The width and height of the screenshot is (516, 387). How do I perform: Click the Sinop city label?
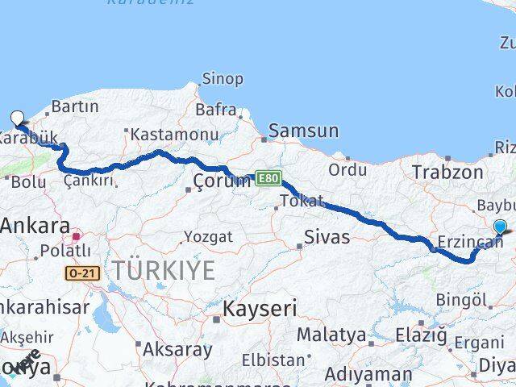tap(221, 78)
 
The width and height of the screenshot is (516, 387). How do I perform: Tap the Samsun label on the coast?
tap(303, 131)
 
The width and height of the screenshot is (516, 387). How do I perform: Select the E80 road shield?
tap(268, 177)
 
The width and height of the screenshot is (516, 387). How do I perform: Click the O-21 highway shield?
tap(83, 274)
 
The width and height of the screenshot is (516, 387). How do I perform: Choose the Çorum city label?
tap(214, 180)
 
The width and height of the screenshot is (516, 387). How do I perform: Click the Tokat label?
tap(303, 201)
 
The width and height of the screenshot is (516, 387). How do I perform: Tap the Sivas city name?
tap(327, 236)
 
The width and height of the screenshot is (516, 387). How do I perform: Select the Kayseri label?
tap(260, 308)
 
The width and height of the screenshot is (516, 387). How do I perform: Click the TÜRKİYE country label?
tap(164, 271)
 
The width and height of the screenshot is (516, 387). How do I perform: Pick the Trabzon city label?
tap(447, 172)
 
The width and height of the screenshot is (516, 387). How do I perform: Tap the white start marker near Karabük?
tap(17, 119)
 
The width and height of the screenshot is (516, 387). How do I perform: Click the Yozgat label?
tap(208, 237)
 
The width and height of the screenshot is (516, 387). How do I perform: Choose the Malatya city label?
tap(331, 334)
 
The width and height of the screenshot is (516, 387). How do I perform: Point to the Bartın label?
tap(75, 106)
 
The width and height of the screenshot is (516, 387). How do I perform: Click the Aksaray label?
tap(177, 350)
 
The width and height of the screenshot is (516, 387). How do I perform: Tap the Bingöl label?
tap(462, 302)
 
